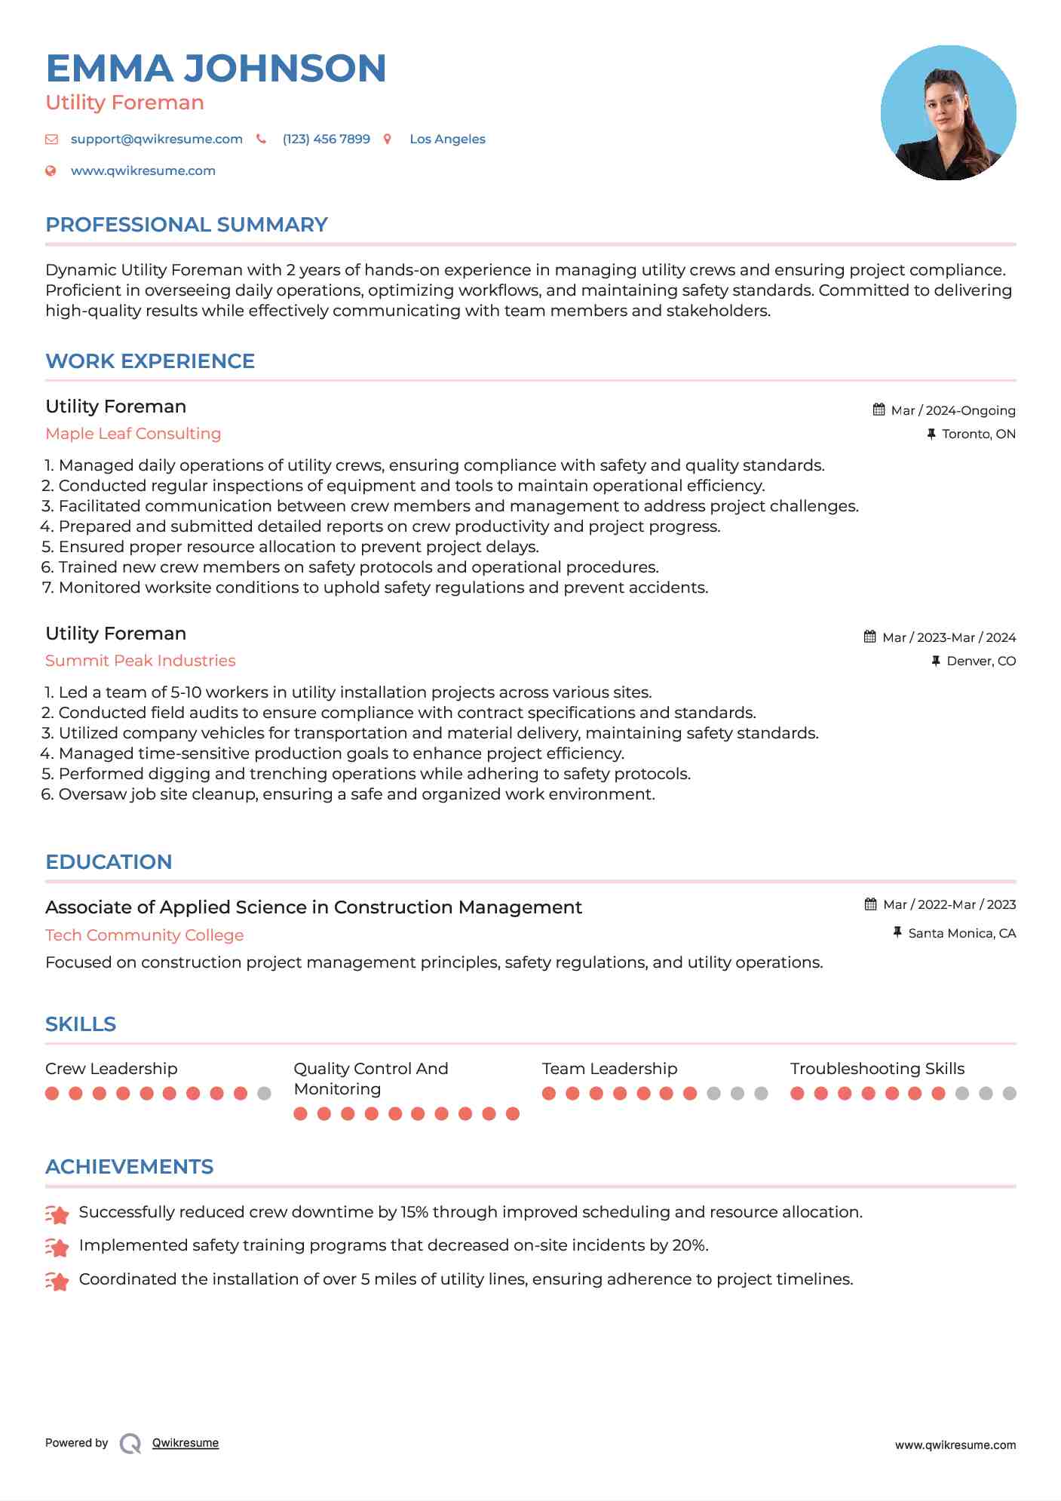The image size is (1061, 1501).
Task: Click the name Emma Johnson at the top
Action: [x=216, y=69]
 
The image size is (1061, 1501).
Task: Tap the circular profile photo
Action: [x=948, y=113]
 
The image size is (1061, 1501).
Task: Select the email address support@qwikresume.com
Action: [x=156, y=139]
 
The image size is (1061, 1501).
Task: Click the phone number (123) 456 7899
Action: [x=326, y=139]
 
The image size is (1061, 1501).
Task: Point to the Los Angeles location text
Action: [x=447, y=139]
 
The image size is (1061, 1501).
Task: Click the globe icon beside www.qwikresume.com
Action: [x=51, y=170]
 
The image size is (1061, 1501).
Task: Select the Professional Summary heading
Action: [x=186, y=225]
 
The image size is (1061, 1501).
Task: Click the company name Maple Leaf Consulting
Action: [x=133, y=434]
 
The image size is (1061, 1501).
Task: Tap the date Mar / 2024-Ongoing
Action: [x=952, y=410]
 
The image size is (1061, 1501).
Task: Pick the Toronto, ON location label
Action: [x=978, y=434]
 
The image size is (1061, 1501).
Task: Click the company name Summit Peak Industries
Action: [x=140, y=661]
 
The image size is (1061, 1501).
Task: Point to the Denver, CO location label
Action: [x=980, y=661]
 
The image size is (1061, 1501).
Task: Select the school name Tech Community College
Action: [x=144, y=935]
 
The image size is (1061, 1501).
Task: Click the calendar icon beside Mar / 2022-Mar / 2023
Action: [x=870, y=904]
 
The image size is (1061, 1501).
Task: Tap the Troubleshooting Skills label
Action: [x=877, y=1069]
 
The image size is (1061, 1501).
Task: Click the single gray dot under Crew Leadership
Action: [x=264, y=1093]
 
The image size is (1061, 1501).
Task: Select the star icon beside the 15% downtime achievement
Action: [x=57, y=1214]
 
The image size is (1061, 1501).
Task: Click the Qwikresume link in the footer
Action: [x=185, y=1443]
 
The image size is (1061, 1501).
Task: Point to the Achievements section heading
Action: [x=129, y=1167]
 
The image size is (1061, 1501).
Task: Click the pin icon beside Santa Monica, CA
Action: [x=897, y=932]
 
